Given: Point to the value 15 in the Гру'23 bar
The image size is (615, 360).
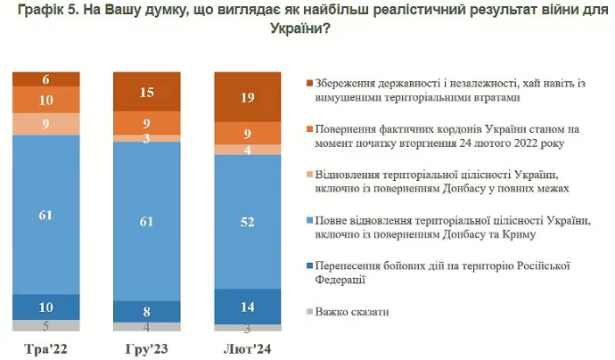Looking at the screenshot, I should pyautogui.click(x=146, y=92).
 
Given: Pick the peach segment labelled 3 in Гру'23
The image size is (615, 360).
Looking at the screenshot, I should pyautogui.click(x=146, y=137).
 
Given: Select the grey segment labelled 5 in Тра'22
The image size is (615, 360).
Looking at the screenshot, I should pyautogui.click(x=46, y=325).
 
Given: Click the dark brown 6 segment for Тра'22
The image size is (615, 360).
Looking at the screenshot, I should pyautogui.click(x=46, y=78).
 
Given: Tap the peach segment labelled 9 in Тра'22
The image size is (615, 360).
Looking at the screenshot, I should pyautogui.click(x=46, y=124).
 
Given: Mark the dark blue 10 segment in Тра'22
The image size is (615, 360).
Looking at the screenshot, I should pyautogui.click(x=46, y=307).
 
